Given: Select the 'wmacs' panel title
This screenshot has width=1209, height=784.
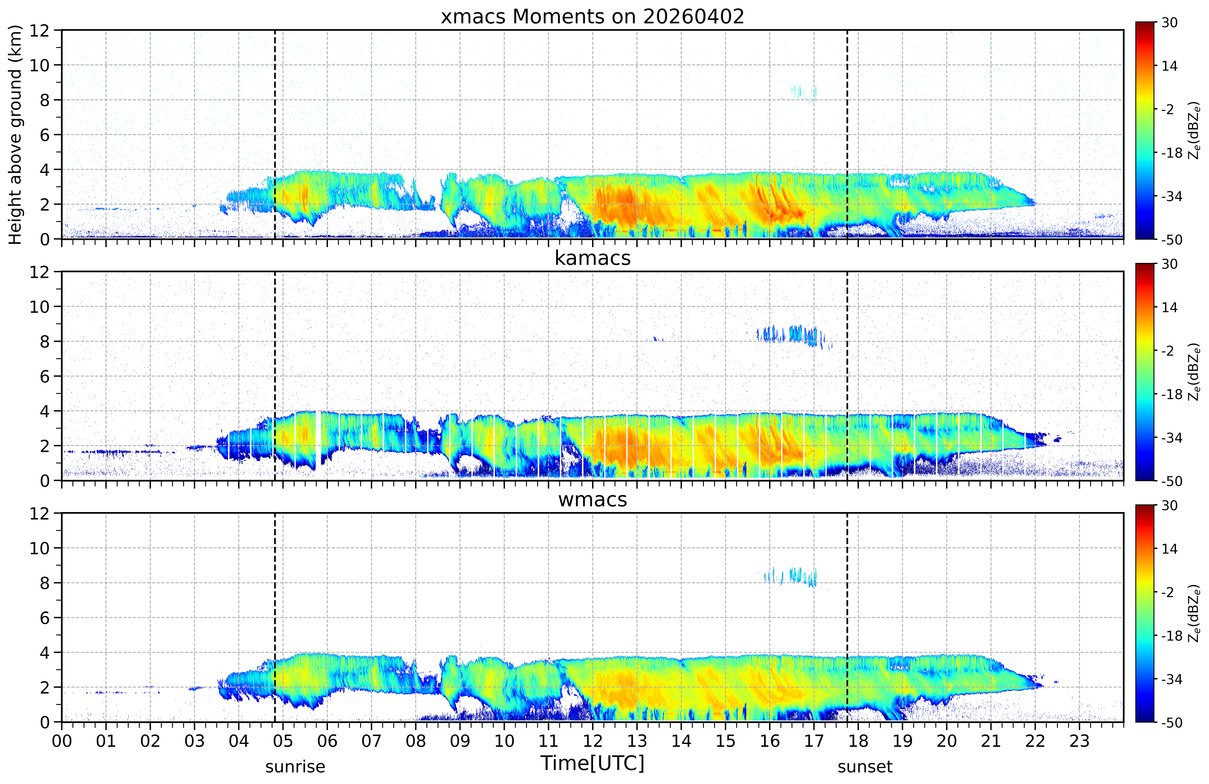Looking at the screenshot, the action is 592,500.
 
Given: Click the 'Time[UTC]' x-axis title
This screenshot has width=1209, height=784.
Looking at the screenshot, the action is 592,763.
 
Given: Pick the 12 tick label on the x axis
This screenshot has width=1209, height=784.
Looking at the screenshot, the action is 592,741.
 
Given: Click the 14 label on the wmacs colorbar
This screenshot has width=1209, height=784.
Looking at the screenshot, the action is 1169,549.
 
